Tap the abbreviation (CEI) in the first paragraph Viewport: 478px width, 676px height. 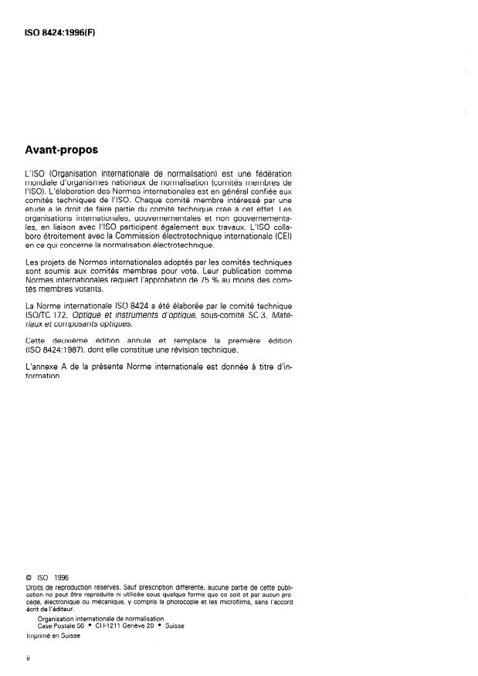pos(283,236)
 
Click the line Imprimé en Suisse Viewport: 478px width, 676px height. pos(53,636)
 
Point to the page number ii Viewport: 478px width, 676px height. pos(28,661)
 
